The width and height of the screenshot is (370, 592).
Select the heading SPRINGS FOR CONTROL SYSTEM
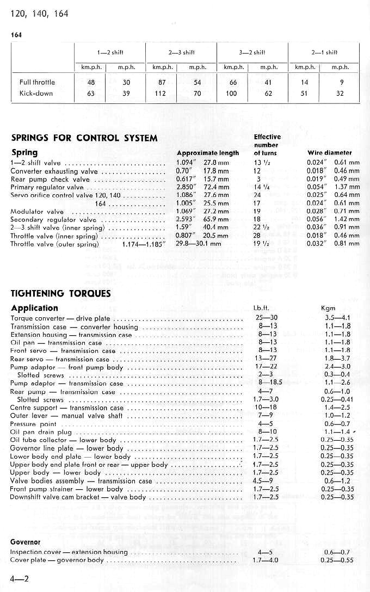pyautogui.click(x=84, y=138)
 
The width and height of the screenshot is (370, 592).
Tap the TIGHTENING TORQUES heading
pyautogui.click(x=61, y=293)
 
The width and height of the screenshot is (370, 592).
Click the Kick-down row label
pyautogui.click(x=37, y=93)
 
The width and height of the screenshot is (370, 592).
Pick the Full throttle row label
pyautogui.click(x=37, y=82)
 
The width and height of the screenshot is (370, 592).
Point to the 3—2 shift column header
pyautogui.click(x=251, y=52)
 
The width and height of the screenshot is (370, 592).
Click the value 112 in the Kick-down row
pyautogui.click(x=159, y=93)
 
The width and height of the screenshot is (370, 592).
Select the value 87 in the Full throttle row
pyautogui.click(x=159, y=82)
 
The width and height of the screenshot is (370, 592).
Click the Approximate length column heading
pyautogui.click(x=208, y=153)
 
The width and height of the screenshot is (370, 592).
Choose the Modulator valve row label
pyautogui.click(x=37, y=212)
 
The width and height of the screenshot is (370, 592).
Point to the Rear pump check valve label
pyautogui.click(x=50, y=179)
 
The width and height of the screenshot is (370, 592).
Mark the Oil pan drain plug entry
pyautogui.click(x=41, y=432)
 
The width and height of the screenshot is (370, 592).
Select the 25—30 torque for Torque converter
pyautogui.click(x=266, y=318)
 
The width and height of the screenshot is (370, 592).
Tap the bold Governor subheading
pyautogui.click(x=26, y=542)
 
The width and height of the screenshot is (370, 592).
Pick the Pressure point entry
pyautogui.click(x=33, y=424)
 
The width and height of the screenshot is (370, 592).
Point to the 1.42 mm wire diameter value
pyautogui.click(x=347, y=220)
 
